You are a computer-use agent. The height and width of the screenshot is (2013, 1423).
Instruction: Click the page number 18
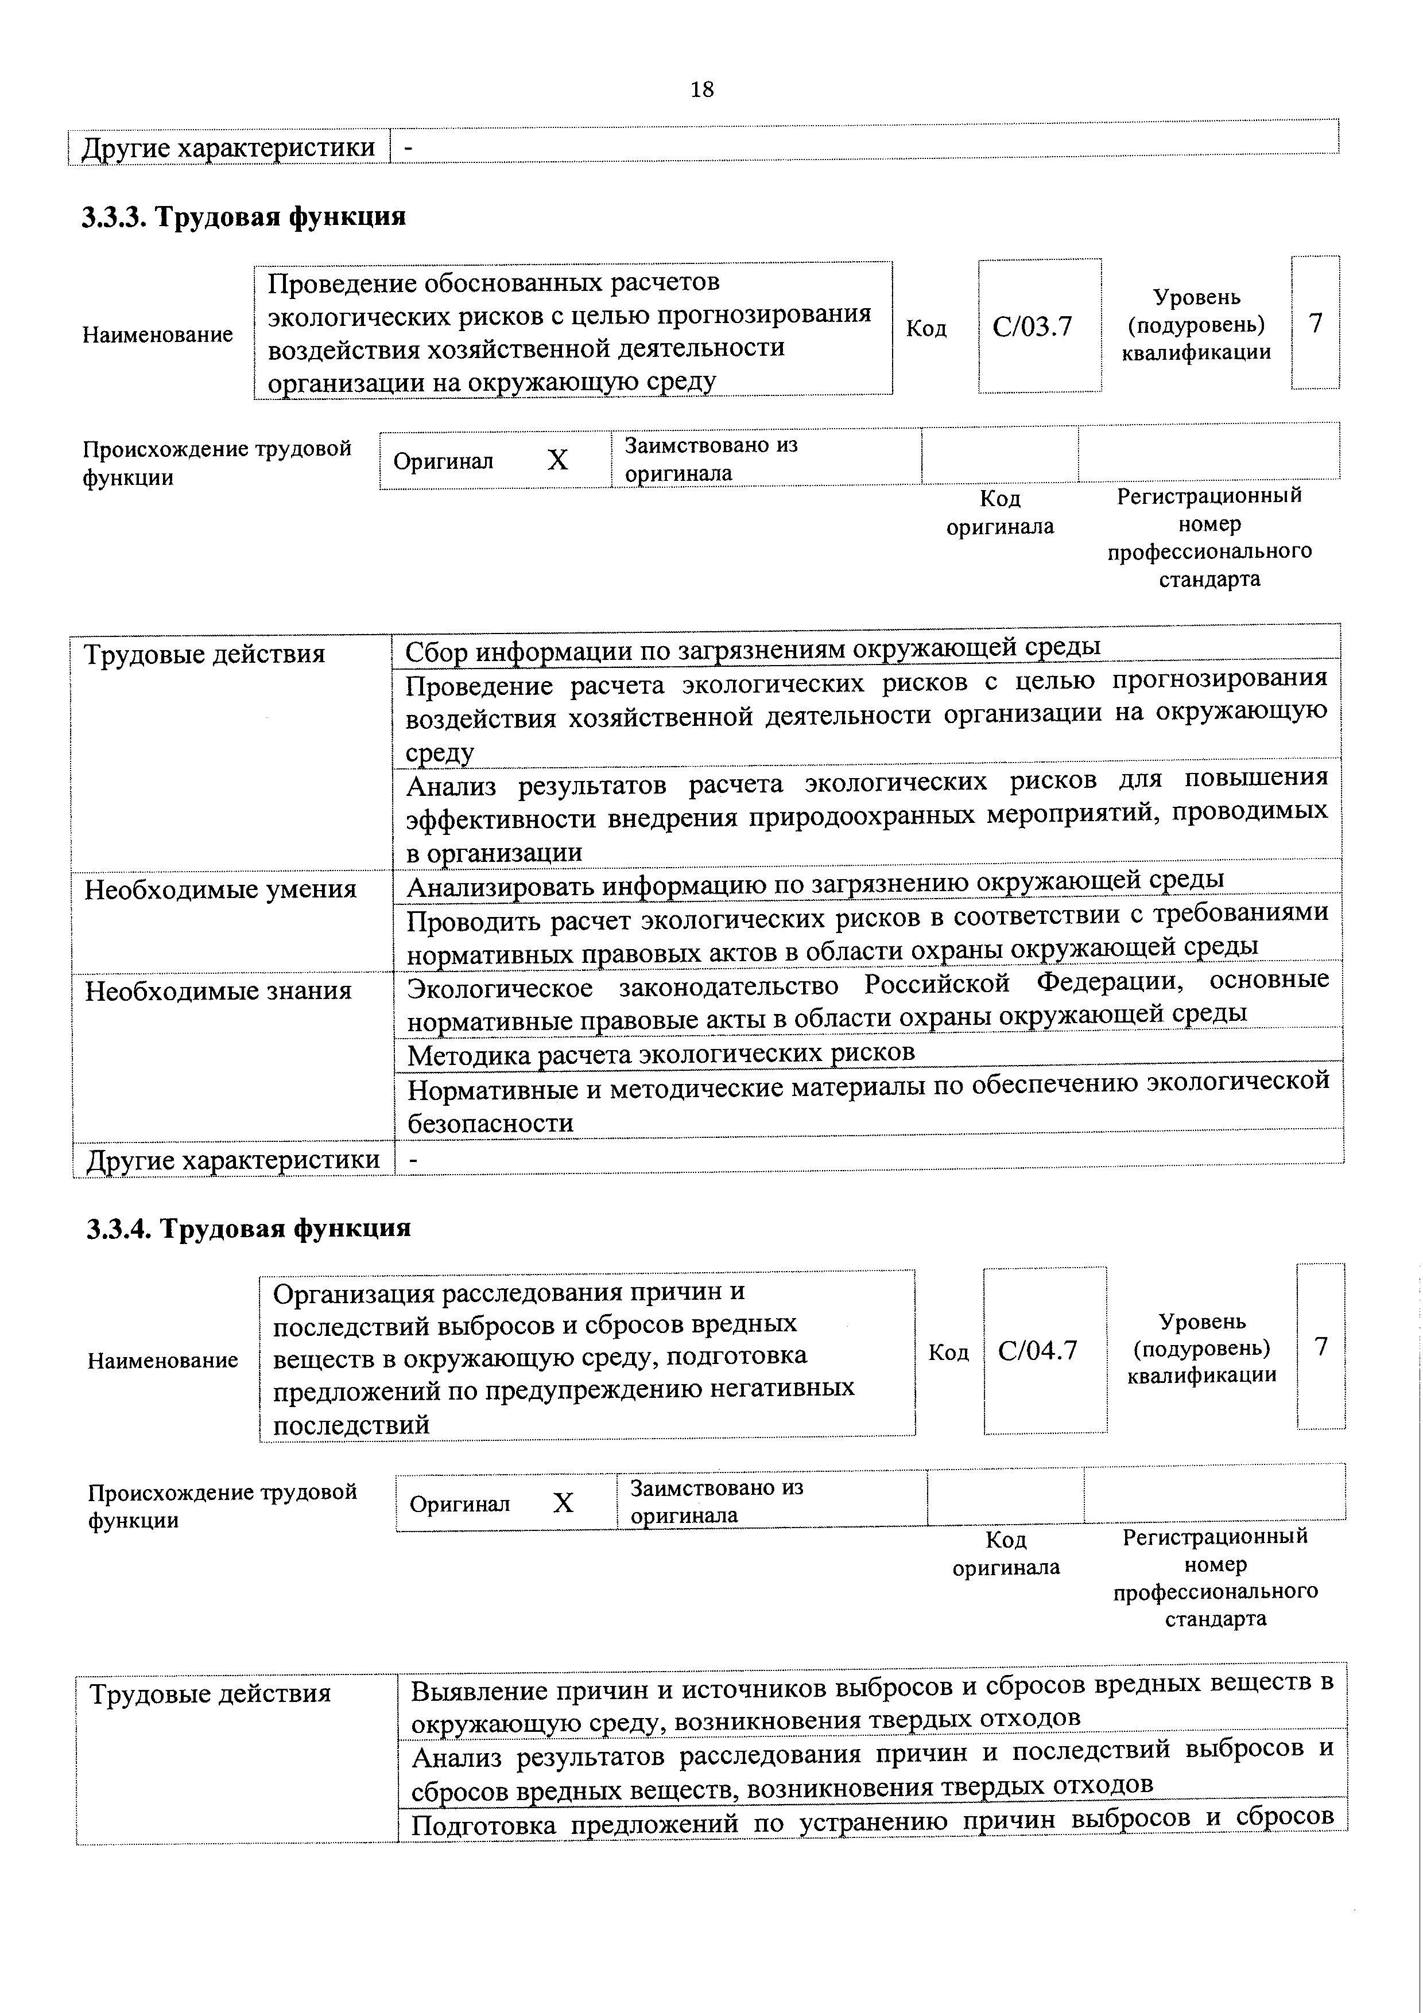tap(701, 90)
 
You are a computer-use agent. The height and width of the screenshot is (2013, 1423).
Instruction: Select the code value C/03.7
tap(1032, 327)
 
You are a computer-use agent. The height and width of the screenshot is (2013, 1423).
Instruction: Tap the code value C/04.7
tap(1037, 1351)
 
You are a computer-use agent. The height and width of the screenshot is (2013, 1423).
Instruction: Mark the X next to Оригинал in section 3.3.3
tap(557, 460)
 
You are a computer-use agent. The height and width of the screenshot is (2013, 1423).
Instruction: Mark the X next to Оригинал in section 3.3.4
tap(563, 1503)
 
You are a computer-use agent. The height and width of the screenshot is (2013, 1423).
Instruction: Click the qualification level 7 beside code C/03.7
tap(1315, 324)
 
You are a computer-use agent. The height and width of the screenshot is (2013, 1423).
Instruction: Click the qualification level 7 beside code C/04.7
tap(1321, 1347)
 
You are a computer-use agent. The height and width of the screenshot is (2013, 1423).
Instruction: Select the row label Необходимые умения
tap(220, 890)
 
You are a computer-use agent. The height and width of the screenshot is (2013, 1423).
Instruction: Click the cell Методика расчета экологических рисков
tap(661, 1051)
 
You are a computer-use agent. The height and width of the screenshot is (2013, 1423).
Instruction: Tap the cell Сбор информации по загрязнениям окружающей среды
tap(753, 649)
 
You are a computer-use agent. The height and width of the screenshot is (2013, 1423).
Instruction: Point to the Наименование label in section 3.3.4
tap(162, 1360)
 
